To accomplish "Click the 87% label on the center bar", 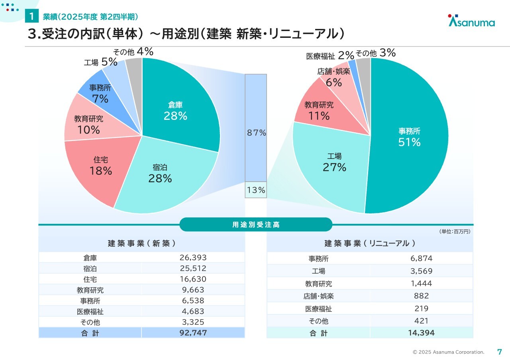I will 256,133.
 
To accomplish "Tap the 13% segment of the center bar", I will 256,190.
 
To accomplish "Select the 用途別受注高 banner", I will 256,225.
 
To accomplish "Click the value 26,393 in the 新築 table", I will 193,258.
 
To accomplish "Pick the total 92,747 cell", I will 193,333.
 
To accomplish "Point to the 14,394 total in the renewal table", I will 421,333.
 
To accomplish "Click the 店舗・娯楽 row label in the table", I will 318,296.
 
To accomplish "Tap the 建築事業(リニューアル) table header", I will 370,244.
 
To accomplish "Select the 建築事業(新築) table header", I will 141,243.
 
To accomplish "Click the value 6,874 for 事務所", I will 421,258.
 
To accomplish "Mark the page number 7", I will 500,352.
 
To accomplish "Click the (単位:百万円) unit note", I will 455,231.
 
